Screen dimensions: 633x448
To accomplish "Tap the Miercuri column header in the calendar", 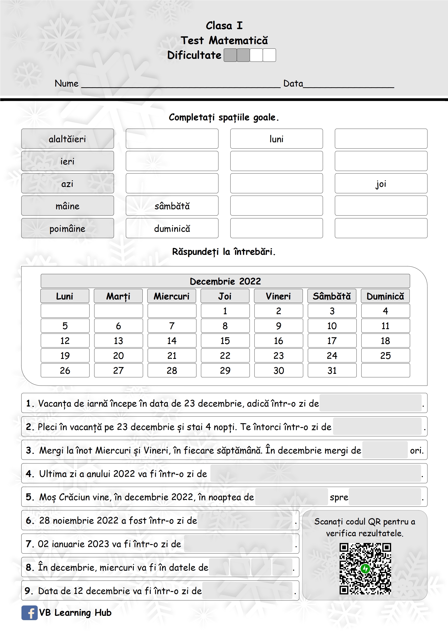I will [172, 296].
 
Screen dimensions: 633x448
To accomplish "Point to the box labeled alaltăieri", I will [67, 139].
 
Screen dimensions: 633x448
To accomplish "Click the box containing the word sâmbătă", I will [172, 206].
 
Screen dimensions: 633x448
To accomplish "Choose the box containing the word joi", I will [381, 184].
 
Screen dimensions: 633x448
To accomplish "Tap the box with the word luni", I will [276, 139].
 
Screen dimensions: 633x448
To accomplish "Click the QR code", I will [365, 568].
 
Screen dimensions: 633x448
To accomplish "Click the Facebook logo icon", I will [30, 613].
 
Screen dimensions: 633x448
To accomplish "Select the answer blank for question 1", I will [370, 403].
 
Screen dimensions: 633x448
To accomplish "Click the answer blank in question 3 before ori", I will [385, 450].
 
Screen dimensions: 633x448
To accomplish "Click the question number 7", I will [29, 544].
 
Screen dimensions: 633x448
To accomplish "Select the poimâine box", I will [67, 229].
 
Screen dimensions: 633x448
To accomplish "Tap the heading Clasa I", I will [224, 26].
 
